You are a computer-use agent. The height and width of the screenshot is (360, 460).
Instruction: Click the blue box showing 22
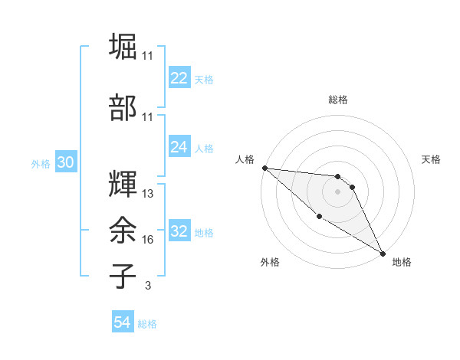179,78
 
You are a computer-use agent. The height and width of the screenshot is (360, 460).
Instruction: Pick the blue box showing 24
179,147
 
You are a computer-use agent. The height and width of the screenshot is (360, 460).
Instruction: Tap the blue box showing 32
179,231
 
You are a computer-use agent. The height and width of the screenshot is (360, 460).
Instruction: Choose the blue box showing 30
65,162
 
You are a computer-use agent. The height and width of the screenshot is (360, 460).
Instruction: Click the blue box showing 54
123,323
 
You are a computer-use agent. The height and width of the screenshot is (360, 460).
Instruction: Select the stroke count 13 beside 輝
148,194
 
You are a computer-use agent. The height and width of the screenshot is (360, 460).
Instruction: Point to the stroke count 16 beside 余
148,240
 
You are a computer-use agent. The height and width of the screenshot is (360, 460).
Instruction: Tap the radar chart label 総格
338,100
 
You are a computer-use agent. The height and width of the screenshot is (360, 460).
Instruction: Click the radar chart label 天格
432,159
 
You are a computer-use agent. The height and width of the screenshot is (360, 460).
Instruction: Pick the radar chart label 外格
269,262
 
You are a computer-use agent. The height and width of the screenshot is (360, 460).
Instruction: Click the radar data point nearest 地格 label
383,253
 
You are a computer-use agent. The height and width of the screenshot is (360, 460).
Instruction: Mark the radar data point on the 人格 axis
264,168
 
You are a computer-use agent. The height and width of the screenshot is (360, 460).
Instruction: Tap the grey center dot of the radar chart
337,191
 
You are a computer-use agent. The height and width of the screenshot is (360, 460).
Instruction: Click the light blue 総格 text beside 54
147,324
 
